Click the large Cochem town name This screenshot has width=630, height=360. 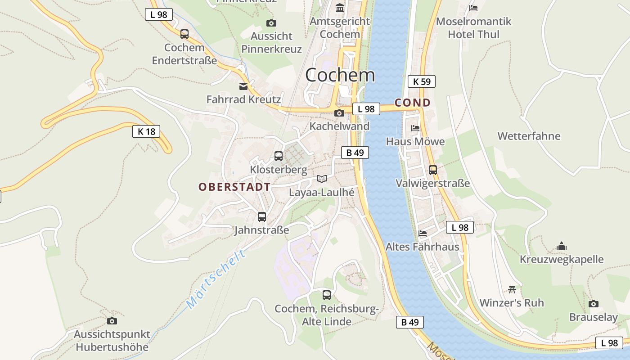point(340,75)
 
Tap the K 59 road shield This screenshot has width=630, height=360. point(422,81)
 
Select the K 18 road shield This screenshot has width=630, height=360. point(146,131)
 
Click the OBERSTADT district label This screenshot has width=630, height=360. point(234,187)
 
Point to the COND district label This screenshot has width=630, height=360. point(413,103)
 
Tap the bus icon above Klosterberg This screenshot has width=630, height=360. point(279,156)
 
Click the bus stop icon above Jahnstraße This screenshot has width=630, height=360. point(262,217)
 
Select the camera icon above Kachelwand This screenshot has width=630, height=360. point(339,113)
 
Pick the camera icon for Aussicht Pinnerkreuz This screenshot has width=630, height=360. point(271,23)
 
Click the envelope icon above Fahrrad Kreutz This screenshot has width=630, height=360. point(243,86)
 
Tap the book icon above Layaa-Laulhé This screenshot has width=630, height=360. point(321,179)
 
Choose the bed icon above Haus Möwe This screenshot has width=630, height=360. point(415,128)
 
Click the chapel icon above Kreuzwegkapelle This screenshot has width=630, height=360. point(562,246)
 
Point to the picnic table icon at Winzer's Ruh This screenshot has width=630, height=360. point(512,289)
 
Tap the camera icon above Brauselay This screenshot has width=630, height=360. point(594,304)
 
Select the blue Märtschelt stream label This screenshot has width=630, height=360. point(216,279)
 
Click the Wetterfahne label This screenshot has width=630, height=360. point(529,136)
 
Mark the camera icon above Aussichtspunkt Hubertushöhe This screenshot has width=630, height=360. point(112,321)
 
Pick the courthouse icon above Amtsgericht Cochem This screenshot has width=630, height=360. point(340,8)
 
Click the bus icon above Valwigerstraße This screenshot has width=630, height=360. point(433,170)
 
